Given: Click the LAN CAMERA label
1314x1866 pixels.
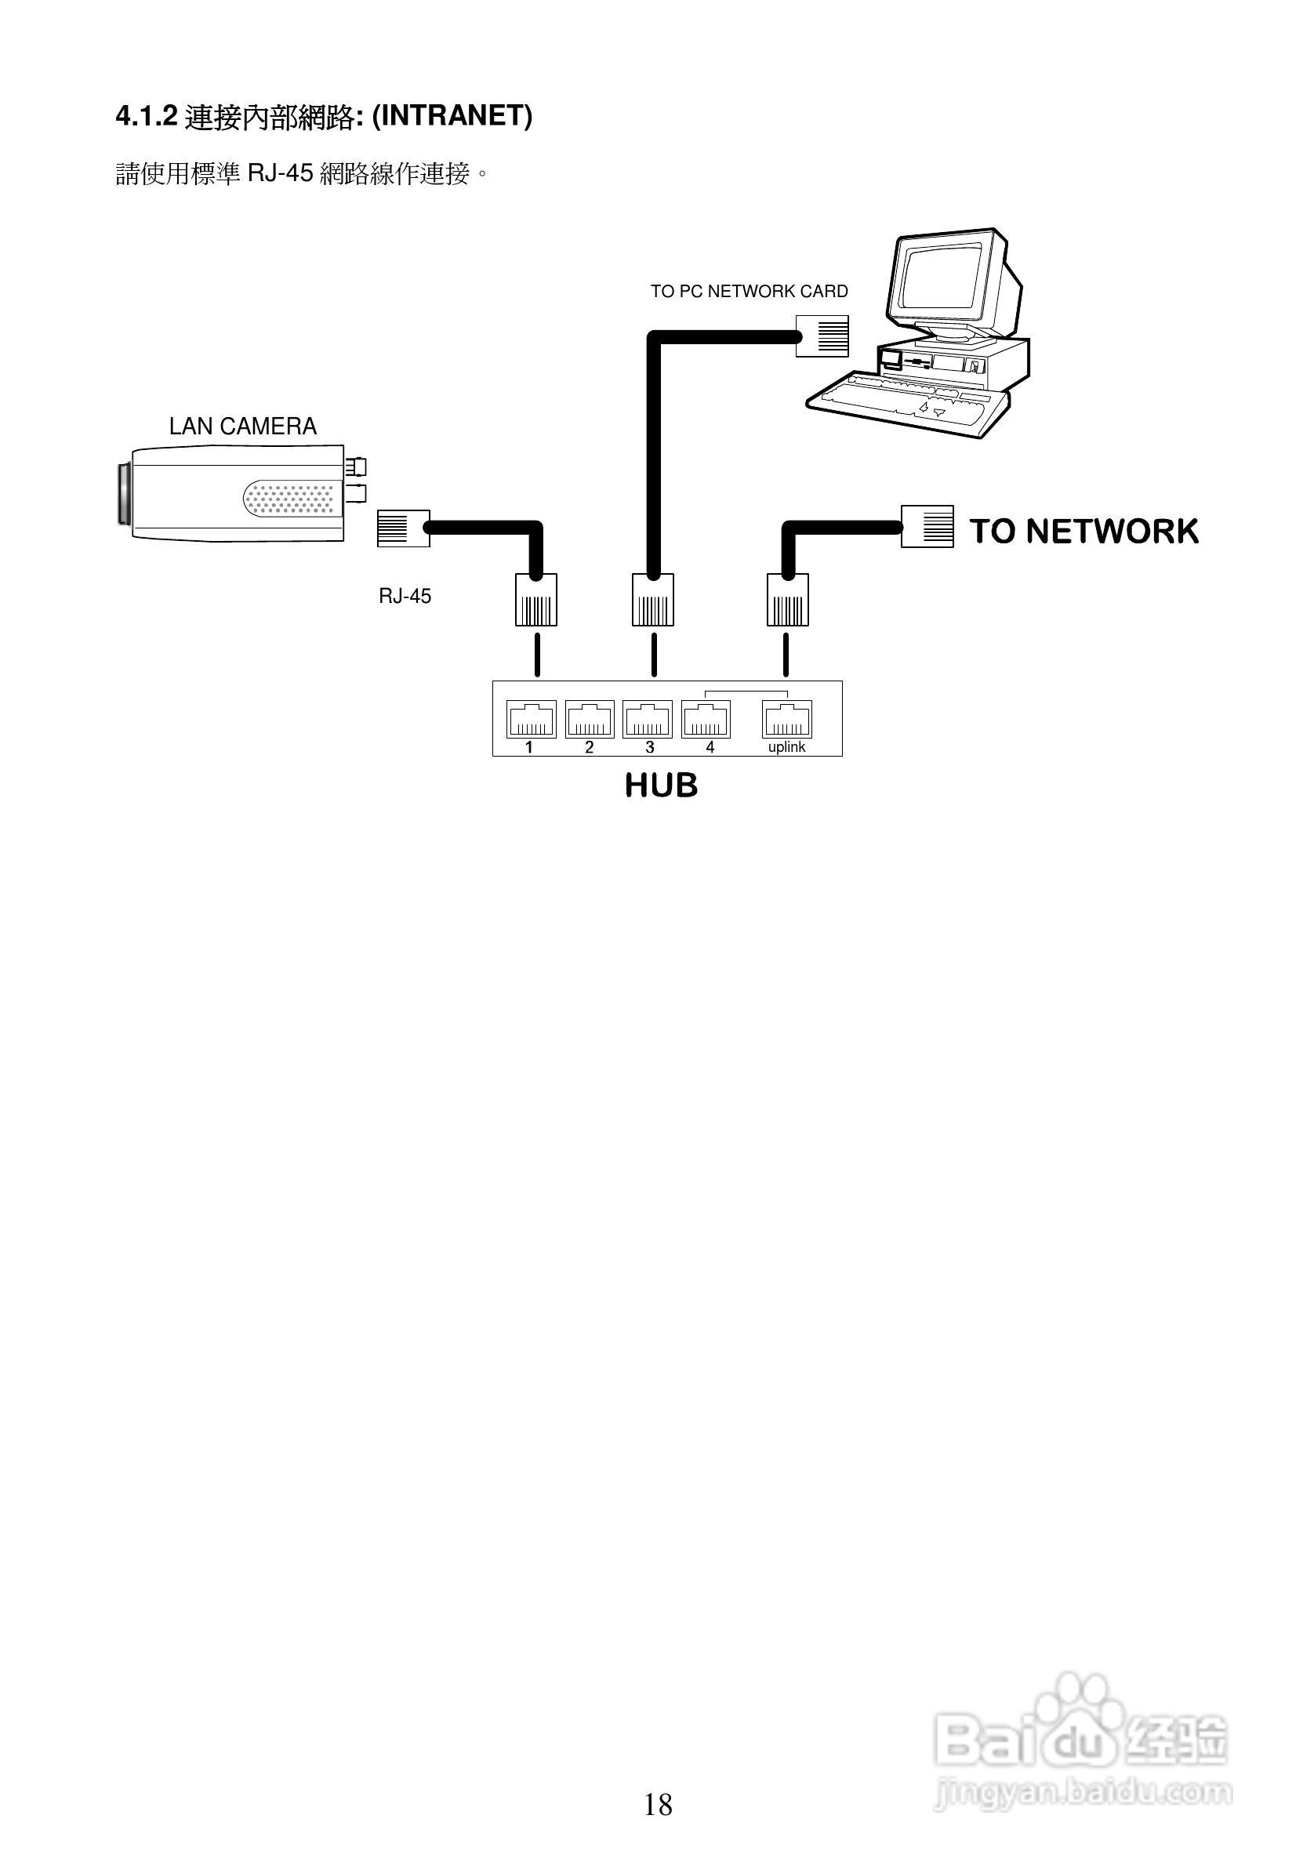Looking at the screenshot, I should pos(242,427).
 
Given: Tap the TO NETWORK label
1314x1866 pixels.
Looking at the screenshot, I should pos(1084,531).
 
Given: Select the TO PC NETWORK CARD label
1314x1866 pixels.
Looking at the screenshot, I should pos(749,291).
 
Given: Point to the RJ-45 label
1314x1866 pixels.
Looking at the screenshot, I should pos(405,597).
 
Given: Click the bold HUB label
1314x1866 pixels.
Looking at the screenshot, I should pos(661,786).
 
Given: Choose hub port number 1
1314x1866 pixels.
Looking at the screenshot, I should pos(532,719).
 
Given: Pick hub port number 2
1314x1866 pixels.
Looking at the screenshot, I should pos(590,719).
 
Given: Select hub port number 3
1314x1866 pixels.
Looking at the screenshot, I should pos(648,719).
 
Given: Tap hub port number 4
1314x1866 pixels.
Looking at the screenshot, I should pos(706,719).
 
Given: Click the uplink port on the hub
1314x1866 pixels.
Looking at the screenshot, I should pos(786,719).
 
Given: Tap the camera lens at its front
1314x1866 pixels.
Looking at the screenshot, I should pos(124,493).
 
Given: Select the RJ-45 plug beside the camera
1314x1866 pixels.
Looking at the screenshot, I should pos(403,528).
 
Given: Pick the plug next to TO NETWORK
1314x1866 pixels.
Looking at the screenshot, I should pos(927,526).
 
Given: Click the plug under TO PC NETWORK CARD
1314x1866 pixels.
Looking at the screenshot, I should pos(822,336).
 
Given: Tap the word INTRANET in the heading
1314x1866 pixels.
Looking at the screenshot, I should pos(451,116).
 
